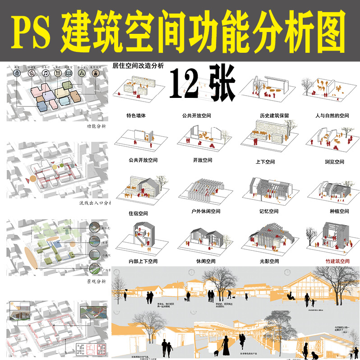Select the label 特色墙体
[136, 115]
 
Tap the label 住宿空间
[138, 213]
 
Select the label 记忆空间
[269, 211]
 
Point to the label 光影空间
[269, 261]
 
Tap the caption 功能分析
[96, 127]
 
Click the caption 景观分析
[96, 281]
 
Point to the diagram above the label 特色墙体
[136, 90]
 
